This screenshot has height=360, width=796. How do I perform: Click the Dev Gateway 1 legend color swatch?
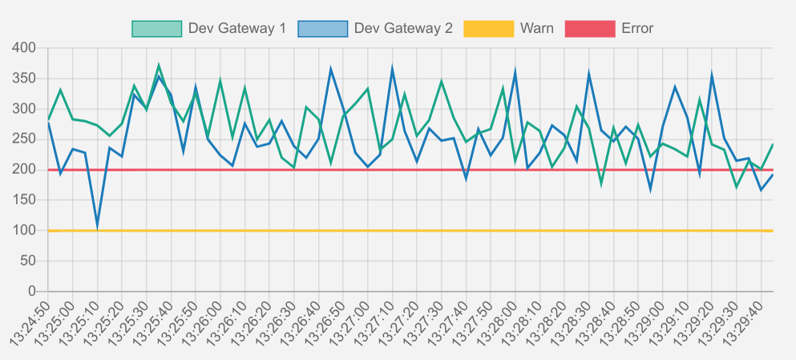(x=156, y=29)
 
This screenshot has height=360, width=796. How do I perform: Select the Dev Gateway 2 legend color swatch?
(x=322, y=29)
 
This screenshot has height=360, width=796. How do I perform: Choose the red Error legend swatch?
(x=589, y=29)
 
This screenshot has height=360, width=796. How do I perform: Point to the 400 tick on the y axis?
(x=26, y=48)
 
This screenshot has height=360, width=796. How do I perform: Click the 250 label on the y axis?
(x=26, y=140)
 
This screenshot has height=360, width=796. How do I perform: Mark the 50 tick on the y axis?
(x=30, y=261)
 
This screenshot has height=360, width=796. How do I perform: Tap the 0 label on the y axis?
(x=33, y=291)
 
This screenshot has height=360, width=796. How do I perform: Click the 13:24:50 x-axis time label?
(x=30, y=321)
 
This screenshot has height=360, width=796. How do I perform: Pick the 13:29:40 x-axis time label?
(x=744, y=321)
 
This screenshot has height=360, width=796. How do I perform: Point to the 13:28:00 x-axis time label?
(x=498, y=321)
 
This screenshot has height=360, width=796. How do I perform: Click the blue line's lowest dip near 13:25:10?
(x=97, y=226)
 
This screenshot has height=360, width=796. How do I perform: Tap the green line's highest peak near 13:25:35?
(x=159, y=65)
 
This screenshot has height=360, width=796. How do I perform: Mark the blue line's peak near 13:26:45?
(x=331, y=69)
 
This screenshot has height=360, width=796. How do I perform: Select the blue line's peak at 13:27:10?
(x=393, y=68)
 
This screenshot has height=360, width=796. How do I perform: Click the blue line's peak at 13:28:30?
(x=589, y=73)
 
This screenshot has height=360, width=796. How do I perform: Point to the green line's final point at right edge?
(x=773, y=144)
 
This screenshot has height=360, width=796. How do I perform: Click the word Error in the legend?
(x=637, y=29)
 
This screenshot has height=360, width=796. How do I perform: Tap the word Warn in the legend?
(x=536, y=29)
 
